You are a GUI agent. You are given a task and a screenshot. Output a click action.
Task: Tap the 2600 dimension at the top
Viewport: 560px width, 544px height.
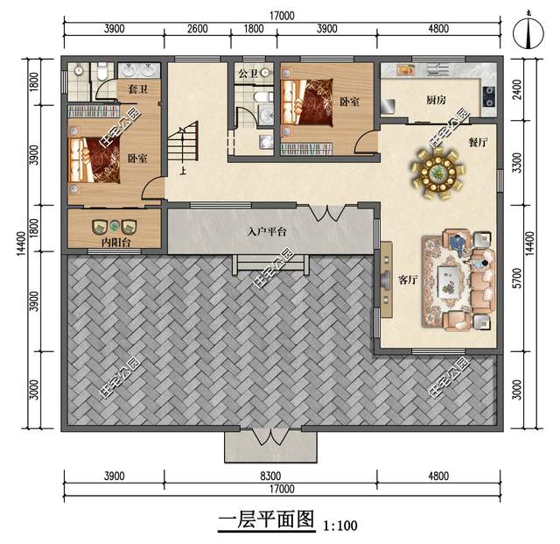pos(198,29)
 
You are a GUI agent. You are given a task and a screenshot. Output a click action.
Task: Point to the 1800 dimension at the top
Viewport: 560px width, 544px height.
pos(252,29)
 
